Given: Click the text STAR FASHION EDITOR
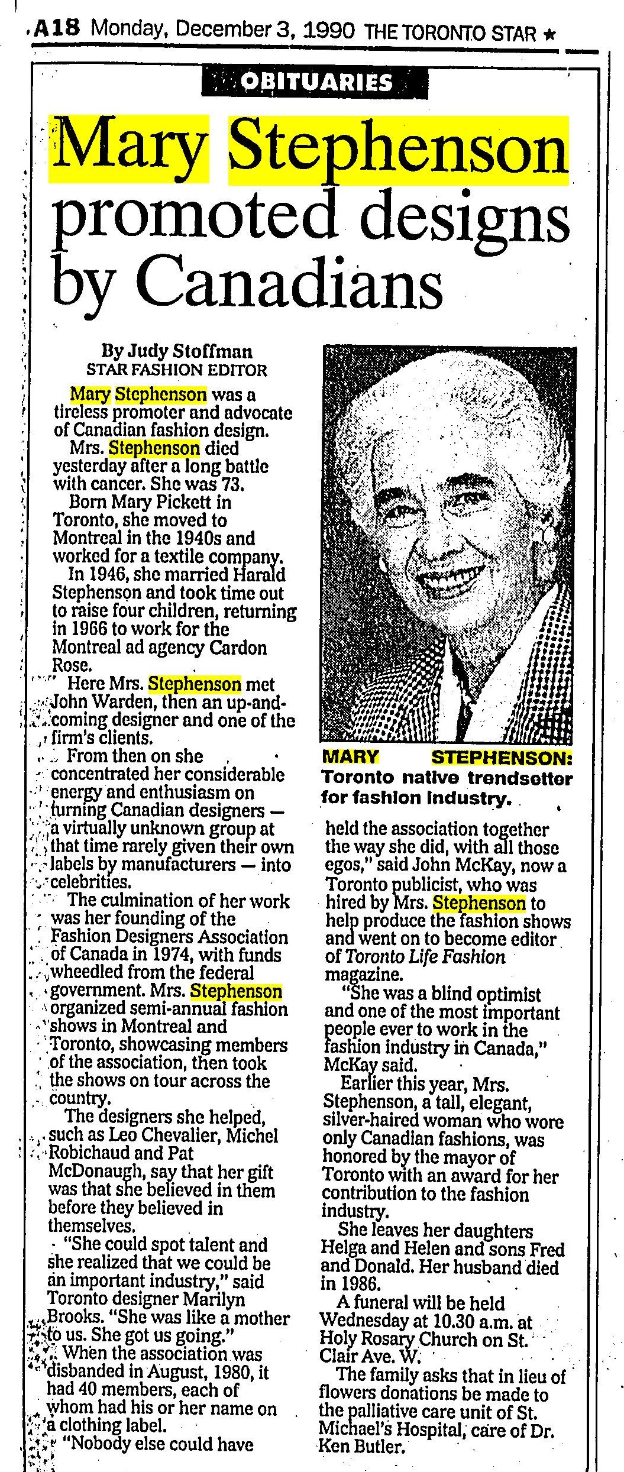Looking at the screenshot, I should pyautogui.click(x=176, y=370).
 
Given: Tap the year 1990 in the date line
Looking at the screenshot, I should pyautogui.click(x=328, y=28).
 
